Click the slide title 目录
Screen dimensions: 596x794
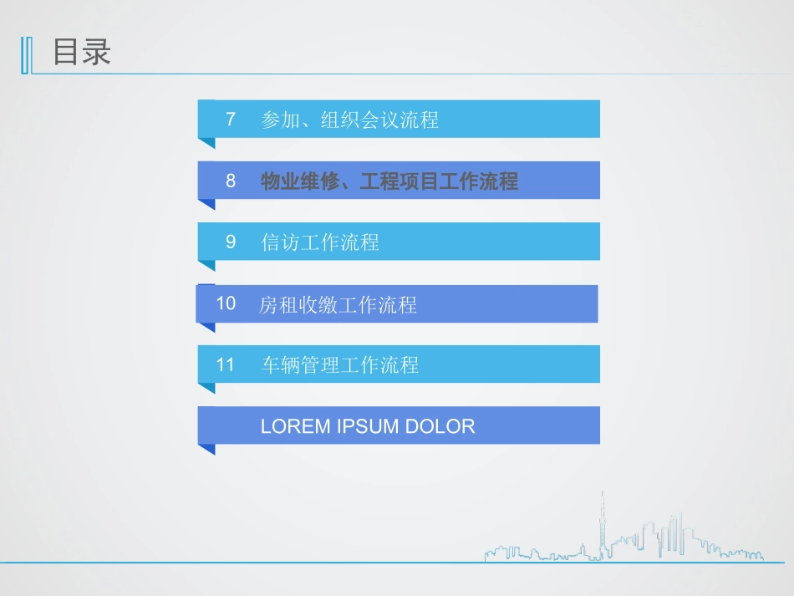[x=82, y=53]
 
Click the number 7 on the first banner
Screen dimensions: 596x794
[x=231, y=120]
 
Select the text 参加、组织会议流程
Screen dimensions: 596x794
[x=349, y=120]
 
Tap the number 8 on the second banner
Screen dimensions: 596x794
[x=231, y=181]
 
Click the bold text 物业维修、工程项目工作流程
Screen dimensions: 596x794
[x=389, y=181]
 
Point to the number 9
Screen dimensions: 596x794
[x=231, y=242]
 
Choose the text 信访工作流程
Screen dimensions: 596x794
[x=320, y=242]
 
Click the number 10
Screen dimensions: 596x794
[x=226, y=303]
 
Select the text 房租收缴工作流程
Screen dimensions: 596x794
[x=338, y=305]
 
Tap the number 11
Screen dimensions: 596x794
[x=226, y=364]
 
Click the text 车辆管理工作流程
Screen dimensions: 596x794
[x=339, y=365]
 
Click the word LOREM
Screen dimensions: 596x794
[x=295, y=426]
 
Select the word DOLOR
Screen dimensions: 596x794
[x=440, y=426]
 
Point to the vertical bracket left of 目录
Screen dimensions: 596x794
[x=26, y=55]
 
